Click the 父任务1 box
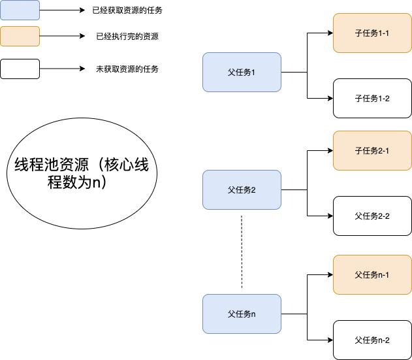point(242,72)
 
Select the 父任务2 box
point(242,190)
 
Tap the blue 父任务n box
point(242,314)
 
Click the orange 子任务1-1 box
point(372,33)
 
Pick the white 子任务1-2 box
point(372,98)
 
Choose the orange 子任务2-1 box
point(372,150)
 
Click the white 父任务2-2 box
point(372,216)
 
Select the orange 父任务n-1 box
point(372,274)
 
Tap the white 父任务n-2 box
point(372,340)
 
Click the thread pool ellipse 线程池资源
point(82,173)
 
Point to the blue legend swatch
point(20,10)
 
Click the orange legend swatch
point(20,36)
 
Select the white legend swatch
point(20,69)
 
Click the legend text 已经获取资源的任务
point(127,10)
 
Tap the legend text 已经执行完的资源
point(127,37)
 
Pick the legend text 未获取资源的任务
point(127,69)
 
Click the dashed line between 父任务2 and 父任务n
point(242,252)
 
